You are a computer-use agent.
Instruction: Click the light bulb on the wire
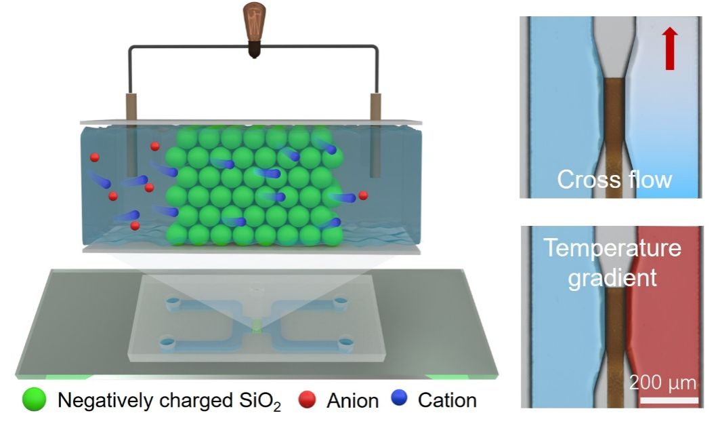coord(254,29)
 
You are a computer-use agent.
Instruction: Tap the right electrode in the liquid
coord(375,136)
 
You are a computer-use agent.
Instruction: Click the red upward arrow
coord(671,48)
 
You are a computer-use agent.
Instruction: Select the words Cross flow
coord(614,179)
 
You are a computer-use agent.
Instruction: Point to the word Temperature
coord(612,248)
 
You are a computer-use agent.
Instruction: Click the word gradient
coord(612,277)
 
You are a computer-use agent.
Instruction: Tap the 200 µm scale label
coord(662,382)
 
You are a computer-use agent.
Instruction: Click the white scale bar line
coord(669,400)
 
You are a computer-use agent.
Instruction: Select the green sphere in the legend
coord(35,399)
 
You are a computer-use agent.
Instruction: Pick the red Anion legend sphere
coord(307,400)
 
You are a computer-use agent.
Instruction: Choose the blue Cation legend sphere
coord(400,397)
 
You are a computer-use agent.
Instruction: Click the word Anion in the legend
coord(353,400)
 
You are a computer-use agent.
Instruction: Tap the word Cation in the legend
coord(447,400)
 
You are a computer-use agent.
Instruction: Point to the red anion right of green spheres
coord(363,195)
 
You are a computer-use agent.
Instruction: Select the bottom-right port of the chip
coord(345,343)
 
